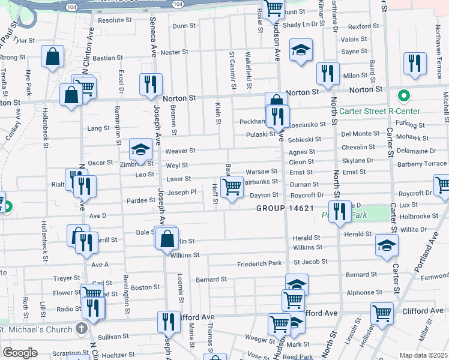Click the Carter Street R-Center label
pos(380,111)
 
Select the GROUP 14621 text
pos(285,208)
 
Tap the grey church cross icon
pos(82,328)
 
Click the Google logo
pos(20,353)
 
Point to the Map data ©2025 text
pos(423,355)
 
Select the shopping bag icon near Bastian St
pos(53,57)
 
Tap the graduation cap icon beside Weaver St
pos(140,149)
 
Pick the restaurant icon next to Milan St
pos(328,73)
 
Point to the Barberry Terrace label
pos(422,163)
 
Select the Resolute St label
pos(115,20)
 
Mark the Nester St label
pos(175,52)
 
